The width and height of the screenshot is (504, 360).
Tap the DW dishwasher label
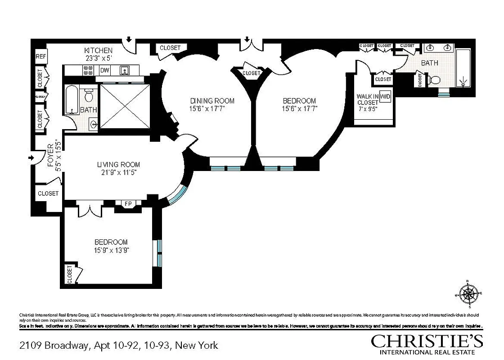104,70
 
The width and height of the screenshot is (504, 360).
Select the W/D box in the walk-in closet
385,96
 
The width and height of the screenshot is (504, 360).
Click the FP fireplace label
128,204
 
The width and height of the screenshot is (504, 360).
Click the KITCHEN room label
99,50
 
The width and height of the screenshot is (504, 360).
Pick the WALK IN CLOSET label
367,99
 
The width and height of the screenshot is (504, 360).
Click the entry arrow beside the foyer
31,158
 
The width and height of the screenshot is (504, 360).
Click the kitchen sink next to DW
125,70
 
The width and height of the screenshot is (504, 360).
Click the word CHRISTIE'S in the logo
427,341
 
